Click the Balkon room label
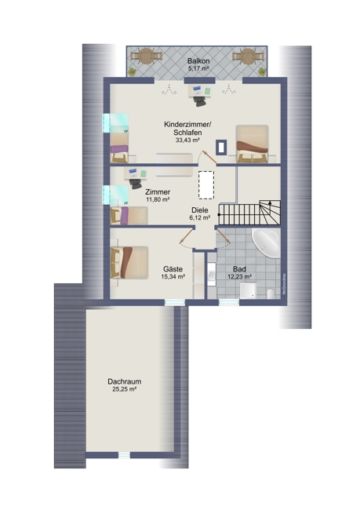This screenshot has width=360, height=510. point(198,61)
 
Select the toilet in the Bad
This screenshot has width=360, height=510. point(271,293)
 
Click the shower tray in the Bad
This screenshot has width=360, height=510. point(248,290)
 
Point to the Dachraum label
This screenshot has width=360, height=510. point(124,381)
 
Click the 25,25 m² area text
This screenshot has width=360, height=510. point(124,389)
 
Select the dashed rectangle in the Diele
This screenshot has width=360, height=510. point(206,185)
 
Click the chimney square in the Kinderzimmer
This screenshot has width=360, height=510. point(221,147)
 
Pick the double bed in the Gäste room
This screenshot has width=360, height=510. point(129,263)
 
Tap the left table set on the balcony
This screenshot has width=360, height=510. point(147,56)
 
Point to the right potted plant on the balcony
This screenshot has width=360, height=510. point(262,71)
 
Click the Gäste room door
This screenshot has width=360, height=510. point(187,235)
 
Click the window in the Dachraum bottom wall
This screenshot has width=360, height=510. point(124,455)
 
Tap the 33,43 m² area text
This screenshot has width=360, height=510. point(187,140)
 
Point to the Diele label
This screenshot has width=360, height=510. point(200,210)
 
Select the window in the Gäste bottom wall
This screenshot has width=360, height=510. point(175,303)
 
